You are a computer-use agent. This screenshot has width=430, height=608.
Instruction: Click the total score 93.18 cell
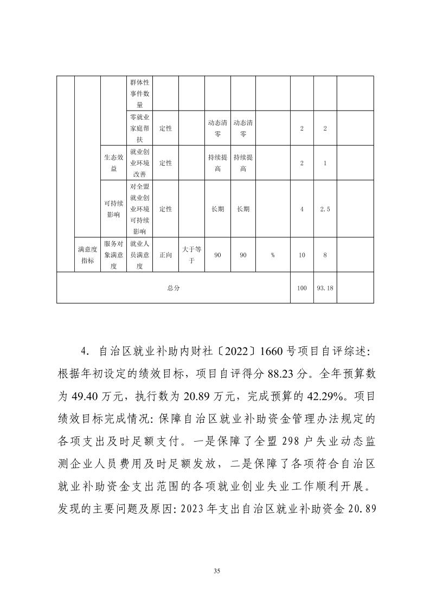[x=324, y=288]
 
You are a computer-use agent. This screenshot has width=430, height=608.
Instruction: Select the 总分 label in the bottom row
[x=174, y=288]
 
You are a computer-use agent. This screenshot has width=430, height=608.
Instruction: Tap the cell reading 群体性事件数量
[x=139, y=93]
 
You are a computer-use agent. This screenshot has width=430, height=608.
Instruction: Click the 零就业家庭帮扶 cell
[x=139, y=128]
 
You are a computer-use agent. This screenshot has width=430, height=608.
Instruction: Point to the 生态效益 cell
[x=114, y=163]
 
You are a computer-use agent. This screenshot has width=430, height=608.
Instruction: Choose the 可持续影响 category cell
[x=114, y=209]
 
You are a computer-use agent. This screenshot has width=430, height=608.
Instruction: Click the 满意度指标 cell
[x=87, y=255]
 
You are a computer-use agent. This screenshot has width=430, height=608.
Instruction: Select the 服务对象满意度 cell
[x=114, y=255]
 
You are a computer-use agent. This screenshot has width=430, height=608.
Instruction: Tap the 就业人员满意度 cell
[x=139, y=255]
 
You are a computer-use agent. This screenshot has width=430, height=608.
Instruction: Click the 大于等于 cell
[x=191, y=255]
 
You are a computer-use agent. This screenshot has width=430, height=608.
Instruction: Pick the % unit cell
[x=272, y=255]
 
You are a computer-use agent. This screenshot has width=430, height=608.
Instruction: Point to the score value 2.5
[x=324, y=209]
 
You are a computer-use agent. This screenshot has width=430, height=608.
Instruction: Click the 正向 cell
[x=165, y=255]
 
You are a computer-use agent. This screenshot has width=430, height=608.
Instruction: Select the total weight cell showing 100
[x=302, y=288]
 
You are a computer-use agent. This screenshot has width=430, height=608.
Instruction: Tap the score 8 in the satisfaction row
[x=324, y=255]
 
